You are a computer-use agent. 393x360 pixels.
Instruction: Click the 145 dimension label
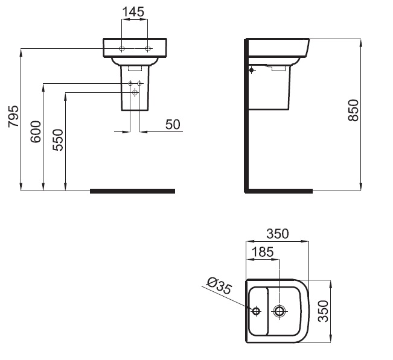pyautogui.click(x=133, y=12)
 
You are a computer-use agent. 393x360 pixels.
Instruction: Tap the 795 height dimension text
pyautogui.click(x=13, y=116)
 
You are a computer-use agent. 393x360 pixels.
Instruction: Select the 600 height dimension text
pyautogui.click(x=36, y=131)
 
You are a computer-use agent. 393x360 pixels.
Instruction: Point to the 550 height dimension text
pyautogui.click(x=58, y=140)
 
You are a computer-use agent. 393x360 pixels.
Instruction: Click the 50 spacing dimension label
pyautogui.click(x=173, y=124)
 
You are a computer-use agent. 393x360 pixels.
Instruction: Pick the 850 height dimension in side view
pyautogui.click(x=353, y=110)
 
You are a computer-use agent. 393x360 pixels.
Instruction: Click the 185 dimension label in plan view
pyautogui.click(x=263, y=252)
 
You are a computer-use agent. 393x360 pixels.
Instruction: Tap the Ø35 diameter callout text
pyautogui.click(x=219, y=285)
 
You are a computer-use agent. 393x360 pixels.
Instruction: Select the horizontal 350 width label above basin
pyautogui.click(x=278, y=234)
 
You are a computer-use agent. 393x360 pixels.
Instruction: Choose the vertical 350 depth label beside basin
pyautogui.click(x=323, y=311)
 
